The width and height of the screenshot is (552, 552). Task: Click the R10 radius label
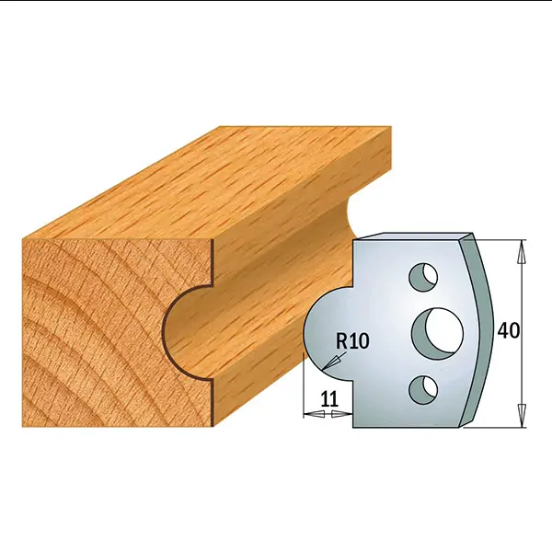pos(352,340)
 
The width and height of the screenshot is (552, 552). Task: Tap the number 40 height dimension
pos(509,330)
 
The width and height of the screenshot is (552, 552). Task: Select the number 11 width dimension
pos(329,399)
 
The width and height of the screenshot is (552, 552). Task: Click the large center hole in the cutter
pos(438,334)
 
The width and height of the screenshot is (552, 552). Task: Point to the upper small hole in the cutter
pos(423,277)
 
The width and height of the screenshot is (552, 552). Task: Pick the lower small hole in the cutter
pos(423,390)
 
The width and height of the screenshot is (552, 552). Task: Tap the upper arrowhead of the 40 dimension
pos(522,251)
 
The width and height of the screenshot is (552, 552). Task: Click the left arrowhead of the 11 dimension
pos(314,414)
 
